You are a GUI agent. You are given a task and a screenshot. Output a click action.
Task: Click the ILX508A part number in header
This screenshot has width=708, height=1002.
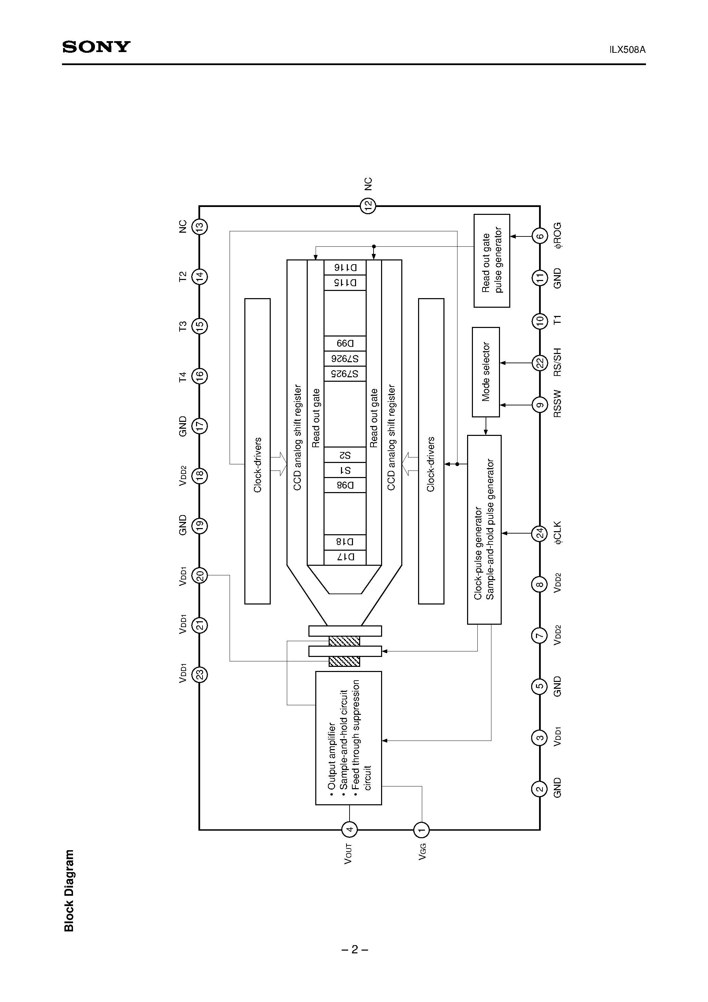pyautogui.click(x=627, y=50)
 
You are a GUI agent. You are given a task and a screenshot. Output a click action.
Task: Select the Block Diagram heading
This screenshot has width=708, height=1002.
pyautogui.click(x=69, y=890)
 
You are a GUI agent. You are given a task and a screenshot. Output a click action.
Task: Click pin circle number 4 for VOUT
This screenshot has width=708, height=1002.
pyautogui.click(x=349, y=830)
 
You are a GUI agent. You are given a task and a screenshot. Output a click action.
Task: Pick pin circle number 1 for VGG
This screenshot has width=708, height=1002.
pyautogui.click(x=421, y=830)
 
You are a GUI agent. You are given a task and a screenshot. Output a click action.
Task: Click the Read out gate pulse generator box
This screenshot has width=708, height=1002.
pyautogui.click(x=491, y=260)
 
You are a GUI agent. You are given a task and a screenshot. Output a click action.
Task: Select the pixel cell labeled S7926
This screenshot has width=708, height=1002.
pyautogui.click(x=345, y=359)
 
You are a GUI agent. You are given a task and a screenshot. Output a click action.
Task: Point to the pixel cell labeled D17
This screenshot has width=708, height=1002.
pyautogui.click(x=345, y=557)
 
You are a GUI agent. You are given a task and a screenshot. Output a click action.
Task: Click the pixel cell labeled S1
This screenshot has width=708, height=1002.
pyautogui.click(x=345, y=470)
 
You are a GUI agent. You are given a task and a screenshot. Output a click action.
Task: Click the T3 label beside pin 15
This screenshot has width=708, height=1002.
pyautogui.click(x=182, y=326)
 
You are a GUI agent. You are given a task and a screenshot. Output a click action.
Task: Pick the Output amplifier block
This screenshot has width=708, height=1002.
pyautogui.click(x=348, y=737)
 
